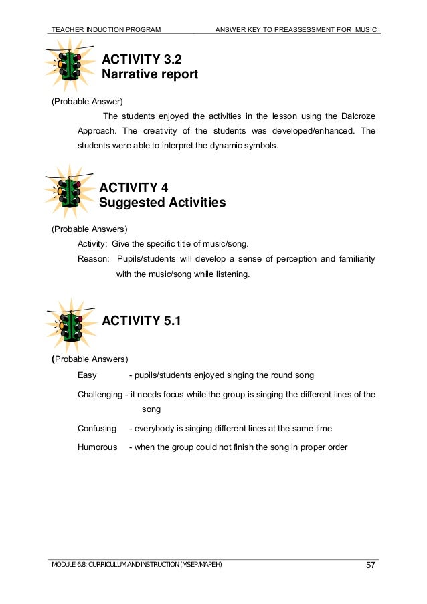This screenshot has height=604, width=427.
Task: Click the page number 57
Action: tap(369, 567)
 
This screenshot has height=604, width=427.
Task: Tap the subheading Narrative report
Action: tap(149, 74)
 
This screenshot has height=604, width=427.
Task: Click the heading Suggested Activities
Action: tap(162, 202)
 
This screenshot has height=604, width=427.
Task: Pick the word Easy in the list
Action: tap(87, 375)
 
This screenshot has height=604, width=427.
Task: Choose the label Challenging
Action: tap(100, 395)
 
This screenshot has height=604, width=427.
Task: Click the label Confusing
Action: tap(97, 428)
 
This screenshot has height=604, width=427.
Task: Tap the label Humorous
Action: tap(98, 447)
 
